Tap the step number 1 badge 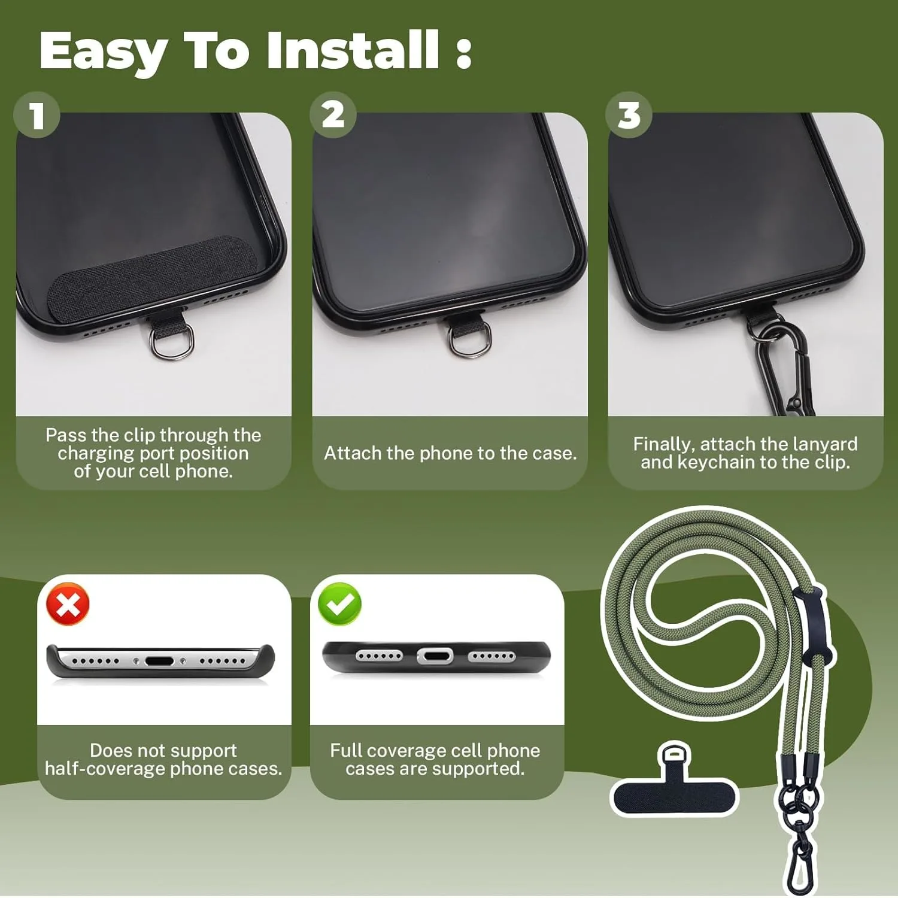click(x=37, y=114)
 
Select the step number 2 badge click(x=333, y=114)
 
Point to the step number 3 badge click(x=629, y=114)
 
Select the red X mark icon click(x=68, y=605)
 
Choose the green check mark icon click(x=340, y=605)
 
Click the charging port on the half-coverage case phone click(x=159, y=662)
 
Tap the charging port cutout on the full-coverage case click(x=435, y=656)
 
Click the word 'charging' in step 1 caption click(x=96, y=454)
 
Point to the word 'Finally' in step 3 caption click(x=664, y=444)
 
